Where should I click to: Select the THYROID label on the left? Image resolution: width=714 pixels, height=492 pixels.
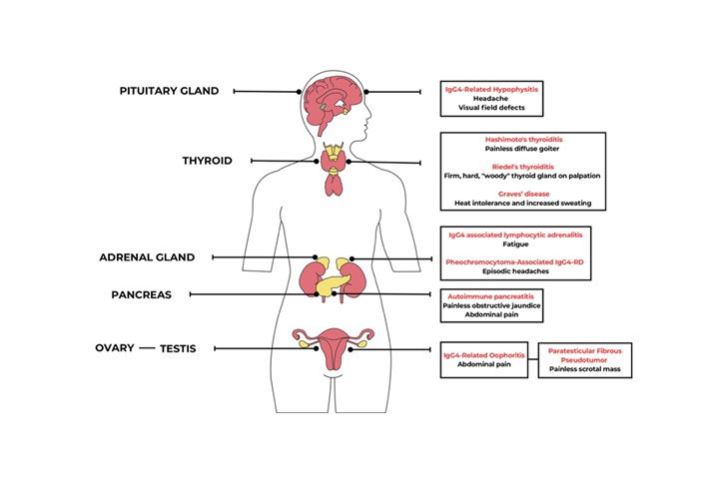click(207, 160)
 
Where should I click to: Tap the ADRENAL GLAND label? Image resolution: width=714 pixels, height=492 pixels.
click(147, 256)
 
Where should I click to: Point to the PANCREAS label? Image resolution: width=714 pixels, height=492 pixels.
click(142, 294)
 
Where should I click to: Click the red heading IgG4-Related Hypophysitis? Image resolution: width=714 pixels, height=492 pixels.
click(490, 88)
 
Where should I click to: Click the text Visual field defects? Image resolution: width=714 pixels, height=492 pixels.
click(490, 108)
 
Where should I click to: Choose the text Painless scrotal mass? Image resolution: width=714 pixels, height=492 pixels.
click(588, 369)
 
